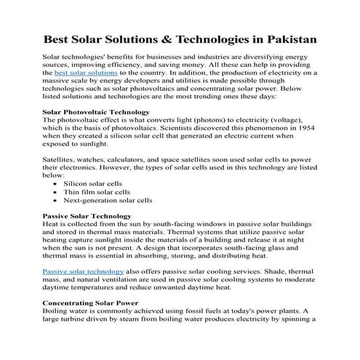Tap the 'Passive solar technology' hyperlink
[x=83, y=271]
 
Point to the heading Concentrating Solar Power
[x=93, y=301]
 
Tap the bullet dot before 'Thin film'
[x=57, y=193]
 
